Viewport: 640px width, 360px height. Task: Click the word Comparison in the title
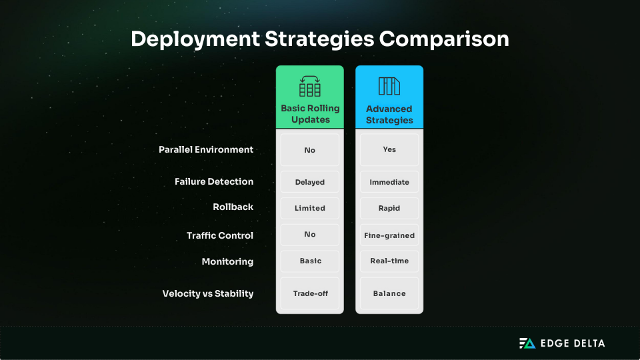tap(444, 39)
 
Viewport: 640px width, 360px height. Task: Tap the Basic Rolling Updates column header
tap(310, 114)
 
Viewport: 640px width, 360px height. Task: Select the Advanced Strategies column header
tap(389, 114)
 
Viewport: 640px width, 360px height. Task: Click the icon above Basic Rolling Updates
tap(310, 86)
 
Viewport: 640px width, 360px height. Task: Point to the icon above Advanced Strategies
tap(389, 86)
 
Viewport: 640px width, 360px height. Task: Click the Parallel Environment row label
tap(206, 149)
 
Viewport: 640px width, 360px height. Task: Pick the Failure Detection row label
tap(214, 181)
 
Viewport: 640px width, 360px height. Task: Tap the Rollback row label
tap(233, 207)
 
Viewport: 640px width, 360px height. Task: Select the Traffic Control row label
tap(220, 235)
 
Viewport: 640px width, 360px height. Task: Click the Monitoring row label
tap(227, 261)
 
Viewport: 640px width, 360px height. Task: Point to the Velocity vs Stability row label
tap(208, 293)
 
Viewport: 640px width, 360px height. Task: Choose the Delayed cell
tap(310, 182)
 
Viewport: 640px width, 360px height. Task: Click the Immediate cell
tap(389, 182)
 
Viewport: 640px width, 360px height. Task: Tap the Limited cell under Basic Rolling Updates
tap(310, 208)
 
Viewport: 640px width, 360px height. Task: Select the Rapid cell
tap(389, 208)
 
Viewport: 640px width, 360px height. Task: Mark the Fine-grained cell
tap(389, 235)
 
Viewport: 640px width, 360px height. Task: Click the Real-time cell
tap(389, 261)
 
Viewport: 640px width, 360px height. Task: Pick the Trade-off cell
tap(310, 293)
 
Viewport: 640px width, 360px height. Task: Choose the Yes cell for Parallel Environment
tap(389, 150)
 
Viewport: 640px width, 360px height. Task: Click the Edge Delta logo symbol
tap(527, 343)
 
